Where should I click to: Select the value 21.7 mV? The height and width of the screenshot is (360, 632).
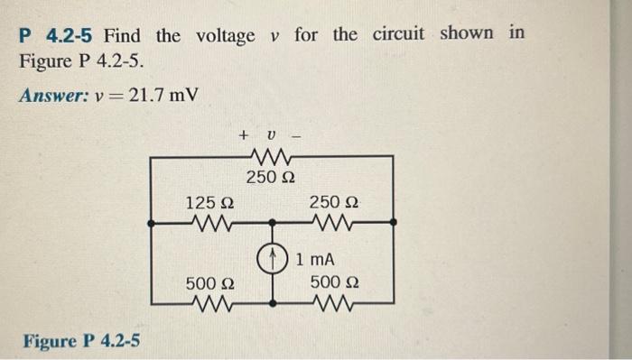164,95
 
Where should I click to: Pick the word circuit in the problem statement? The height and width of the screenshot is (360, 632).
395,35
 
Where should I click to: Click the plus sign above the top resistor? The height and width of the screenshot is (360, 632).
244,135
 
